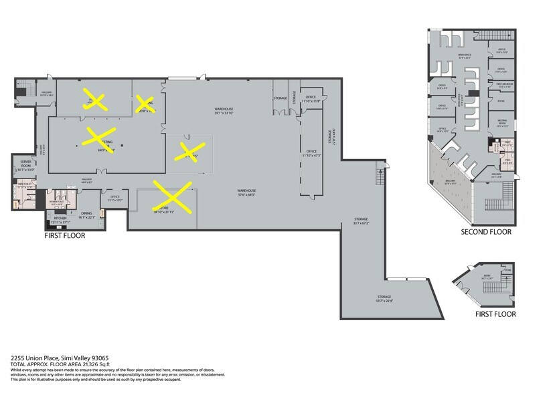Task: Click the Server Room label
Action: click(x=26, y=163)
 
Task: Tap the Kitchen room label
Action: click(x=60, y=219)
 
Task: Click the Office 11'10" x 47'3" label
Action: click(x=311, y=153)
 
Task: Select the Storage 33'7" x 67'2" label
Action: click(x=362, y=221)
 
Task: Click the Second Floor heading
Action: click(x=485, y=232)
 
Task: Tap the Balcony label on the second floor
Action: click(x=451, y=181)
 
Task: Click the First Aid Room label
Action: click(x=504, y=85)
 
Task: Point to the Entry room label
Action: click(x=487, y=275)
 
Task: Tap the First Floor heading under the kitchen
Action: click(x=65, y=235)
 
